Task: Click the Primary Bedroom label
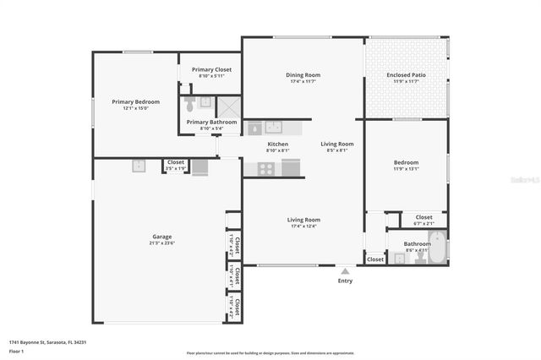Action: pos(135,101)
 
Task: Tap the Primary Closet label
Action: pos(211,69)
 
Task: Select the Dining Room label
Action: pos(303,75)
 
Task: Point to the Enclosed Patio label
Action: pos(406,75)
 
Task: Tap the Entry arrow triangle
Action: pos(344,271)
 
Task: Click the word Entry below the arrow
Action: pos(345,281)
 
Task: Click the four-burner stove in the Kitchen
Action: pos(266,168)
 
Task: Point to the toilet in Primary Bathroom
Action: pos(190,106)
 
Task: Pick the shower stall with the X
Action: pos(228,106)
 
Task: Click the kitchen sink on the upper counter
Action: pos(274,128)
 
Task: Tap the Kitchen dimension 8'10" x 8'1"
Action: pos(278,151)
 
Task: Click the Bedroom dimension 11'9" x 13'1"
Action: pos(406,168)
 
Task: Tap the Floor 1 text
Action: pos(16,351)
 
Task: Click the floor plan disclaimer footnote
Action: pos(270,353)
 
